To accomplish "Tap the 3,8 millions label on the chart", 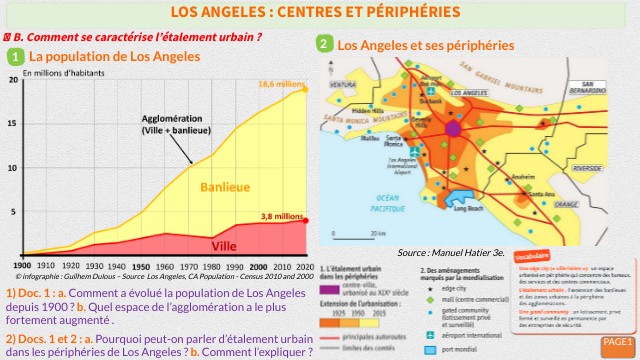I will pyautogui.click(x=281, y=216).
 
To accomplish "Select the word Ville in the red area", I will pyautogui.click(x=226, y=245).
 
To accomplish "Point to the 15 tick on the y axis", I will pyautogui.click(x=12, y=123).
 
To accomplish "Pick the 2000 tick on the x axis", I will pyautogui.click(x=259, y=267).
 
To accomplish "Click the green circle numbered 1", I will pyautogui.click(x=15, y=57).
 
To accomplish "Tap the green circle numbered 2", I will pyautogui.click(x=324, y=44).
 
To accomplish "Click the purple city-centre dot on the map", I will pyautogui.click(x=453, y=129).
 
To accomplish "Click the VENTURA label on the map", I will pyautogui.click(x=343, y=84).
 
